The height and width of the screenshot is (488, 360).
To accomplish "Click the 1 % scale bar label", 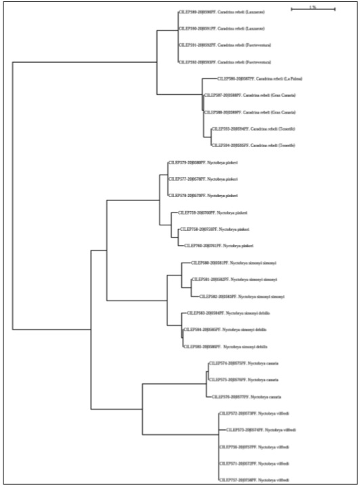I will tap(312, 7).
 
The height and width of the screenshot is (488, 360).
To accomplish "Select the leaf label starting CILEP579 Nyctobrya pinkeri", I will tap(203, 162).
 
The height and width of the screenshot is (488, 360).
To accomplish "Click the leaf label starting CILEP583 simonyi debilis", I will tap(221, 313).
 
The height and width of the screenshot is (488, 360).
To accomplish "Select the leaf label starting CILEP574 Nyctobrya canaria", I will tap(243, 363).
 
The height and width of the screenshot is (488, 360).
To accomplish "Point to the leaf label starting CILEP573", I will tap(261, 430).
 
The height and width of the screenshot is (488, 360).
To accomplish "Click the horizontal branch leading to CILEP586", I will tap(205, 79).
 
